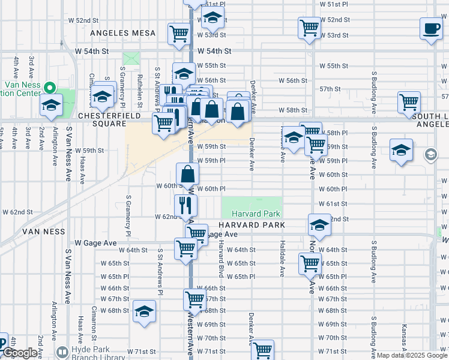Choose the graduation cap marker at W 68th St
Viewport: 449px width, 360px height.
tap(144, 311)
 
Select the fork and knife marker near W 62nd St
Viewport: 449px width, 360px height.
tap(185, 205)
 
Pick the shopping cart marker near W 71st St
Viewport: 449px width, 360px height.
tap(263, 350)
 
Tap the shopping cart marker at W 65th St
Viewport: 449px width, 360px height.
tap(310, 263)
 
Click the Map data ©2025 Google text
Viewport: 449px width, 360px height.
tap(412, 355)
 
